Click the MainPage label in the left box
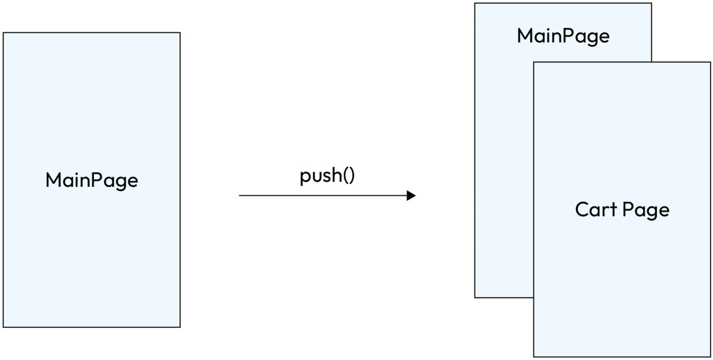point(91,181)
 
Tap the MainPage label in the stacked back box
point(563,36)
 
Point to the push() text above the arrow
point(327,176)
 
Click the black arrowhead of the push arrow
point(411,196)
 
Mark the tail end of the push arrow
point(240,196)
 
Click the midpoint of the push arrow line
point(325,196)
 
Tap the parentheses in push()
point(349,176)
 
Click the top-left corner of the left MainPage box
point(3,33)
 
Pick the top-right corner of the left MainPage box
point(180,33)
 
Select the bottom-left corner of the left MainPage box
point(3,327)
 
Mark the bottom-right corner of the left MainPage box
point(180,327)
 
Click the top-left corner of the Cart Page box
point(534,62)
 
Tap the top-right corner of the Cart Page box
point(710,62)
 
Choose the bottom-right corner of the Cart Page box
point(710,357)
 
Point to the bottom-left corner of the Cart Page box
point(534,357)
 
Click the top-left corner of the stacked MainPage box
point(475,3)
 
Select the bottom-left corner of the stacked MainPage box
point(475,297)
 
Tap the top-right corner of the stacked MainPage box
point(652,3)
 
